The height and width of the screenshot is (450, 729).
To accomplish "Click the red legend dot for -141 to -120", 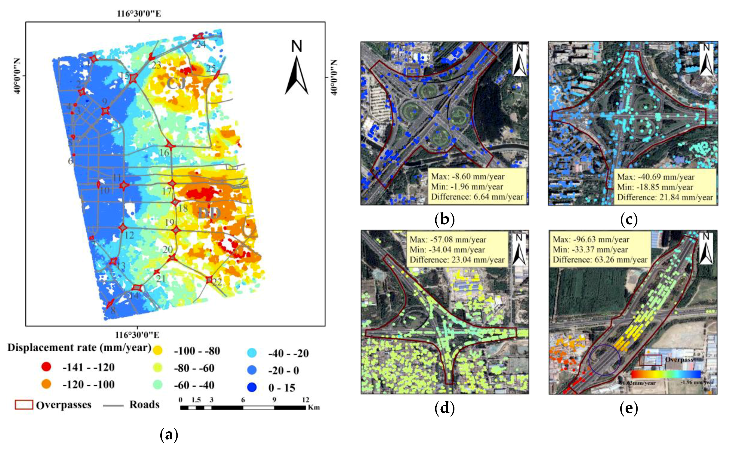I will pyautogui.click(x=46, y=367).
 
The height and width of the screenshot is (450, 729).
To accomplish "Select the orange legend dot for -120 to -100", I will pyautogui.click(x=46, y=384).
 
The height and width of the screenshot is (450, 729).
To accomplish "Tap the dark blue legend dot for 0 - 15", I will pyautogui.click(x=252, y=388).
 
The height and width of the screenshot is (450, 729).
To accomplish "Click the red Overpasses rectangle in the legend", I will pyautogui.click(x=24, y=405).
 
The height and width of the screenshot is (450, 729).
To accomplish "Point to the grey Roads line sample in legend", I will pyautogui.click(x=113, y=405).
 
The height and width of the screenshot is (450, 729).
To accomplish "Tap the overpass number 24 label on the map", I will pyautogui.click(x=201, y=44).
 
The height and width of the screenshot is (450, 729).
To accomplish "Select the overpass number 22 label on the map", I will pyautogui.click(x=217, y=282).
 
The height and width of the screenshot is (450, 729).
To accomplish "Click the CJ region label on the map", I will pyautogui.click(x=176, y=84).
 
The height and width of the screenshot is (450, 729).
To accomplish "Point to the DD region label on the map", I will pyautogui.click(x=209, y=213).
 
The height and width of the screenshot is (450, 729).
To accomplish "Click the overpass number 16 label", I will pyautogui.click(x=164, y=153).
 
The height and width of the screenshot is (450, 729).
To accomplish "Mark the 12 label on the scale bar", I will pyautogui.click(x=305, y=400).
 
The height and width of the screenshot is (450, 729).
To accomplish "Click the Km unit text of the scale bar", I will pyautogui.click(x=314, y=407).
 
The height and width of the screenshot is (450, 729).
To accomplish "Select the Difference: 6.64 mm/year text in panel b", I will pyautogui.click(x=477, y=197).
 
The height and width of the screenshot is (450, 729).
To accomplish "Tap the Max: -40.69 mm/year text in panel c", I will pyautogui.click(x=656, y=177).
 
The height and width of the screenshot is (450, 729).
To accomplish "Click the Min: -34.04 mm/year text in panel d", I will pyautogui.click(x=447, y=250).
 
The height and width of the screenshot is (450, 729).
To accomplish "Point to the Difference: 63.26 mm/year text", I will pyautogui.click(x=600, y=260).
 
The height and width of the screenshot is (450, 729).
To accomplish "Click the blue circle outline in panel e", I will pyautogui.click(x=605, y=360).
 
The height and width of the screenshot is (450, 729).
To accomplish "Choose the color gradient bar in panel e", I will pyautogui.click(x=666, y=374).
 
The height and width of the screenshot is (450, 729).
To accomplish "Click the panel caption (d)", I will pyautogui.click(x=445, y=409).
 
